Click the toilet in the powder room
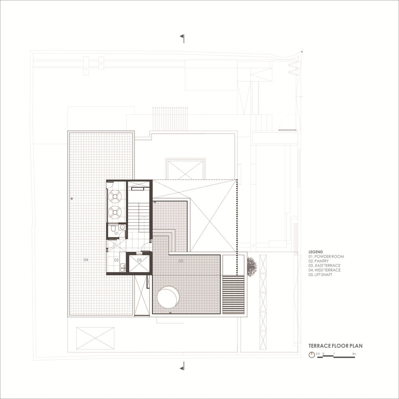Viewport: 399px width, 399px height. pyautogui.click(x=113, y=228)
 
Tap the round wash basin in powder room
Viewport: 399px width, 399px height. pyautogui.click(x=122, y=227)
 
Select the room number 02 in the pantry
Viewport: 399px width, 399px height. pyautogui.click(x=116, y=260)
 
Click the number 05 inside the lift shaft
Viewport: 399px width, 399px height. pyautogui.click(x=139, y=260)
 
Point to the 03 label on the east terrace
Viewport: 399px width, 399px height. pyautogui.click(x=181, y=261)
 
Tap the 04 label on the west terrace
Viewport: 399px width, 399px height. pyautogui.click(x=86, y=260)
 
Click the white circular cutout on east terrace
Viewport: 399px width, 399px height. pyautogui.click(x=168, y=297)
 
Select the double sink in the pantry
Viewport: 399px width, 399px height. pyautogui.click(x=123, y=267)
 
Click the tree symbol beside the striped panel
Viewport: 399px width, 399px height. pyautogui.click(x=252, y=266)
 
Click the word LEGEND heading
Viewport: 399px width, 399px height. pyautogui.click(x=316, y=252)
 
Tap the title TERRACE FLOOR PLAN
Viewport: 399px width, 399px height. pyautogui.click(x=336, y=346)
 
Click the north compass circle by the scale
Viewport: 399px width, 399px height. pyautogui.click(x=312, y=355)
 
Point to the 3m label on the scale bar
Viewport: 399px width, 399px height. pyautogui.click(x=354, y=354)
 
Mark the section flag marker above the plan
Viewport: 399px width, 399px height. pyautogui.click(x=182, y=38)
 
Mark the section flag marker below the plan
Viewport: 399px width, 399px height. pyautogui.click(x=182, y=366)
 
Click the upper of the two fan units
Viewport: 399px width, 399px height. pyautogui.click(x=115, y=196)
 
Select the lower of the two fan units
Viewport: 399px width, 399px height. pyautogui.click(x=115, y=212)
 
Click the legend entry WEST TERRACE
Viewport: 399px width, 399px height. pyautogui.click(x=324, y=270)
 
